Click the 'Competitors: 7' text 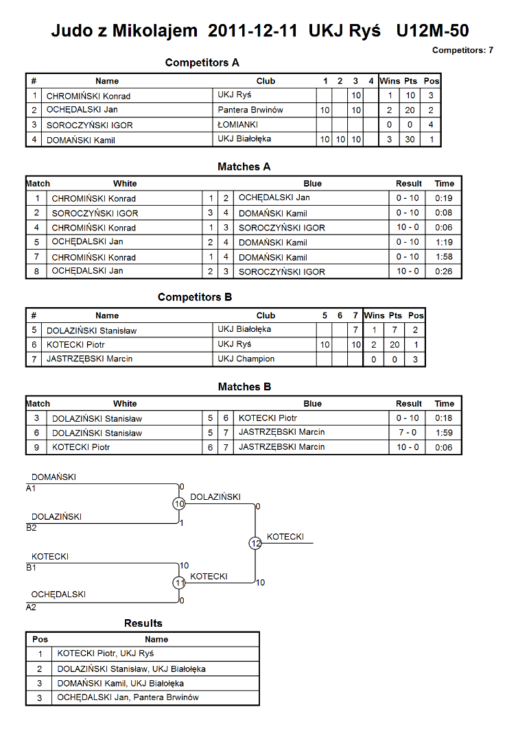[x=462, y=50]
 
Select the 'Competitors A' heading [x=202, y=62]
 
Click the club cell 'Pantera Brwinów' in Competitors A [x=250, y=110]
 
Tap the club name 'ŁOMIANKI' [x=237, y=124]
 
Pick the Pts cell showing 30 [x=410, y=139]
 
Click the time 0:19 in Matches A [x=444, y=197]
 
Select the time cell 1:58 [x=444, y=256]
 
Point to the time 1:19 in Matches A [x=444, y=242]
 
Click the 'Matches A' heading [x=244, y=167]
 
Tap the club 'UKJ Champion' [x=246, y=359]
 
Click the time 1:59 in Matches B [x=444, y=433]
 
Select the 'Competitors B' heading [x=195, y=298]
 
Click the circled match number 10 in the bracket [x=179, y=504]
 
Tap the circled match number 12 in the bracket [x=255, y=543]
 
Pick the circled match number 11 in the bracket [x=179, y=583]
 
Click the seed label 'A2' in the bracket [x=31, y=608]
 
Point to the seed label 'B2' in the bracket [x=32, y=528]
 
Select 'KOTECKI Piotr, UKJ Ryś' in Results [x=106, y=653]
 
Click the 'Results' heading [x=143, y=623]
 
